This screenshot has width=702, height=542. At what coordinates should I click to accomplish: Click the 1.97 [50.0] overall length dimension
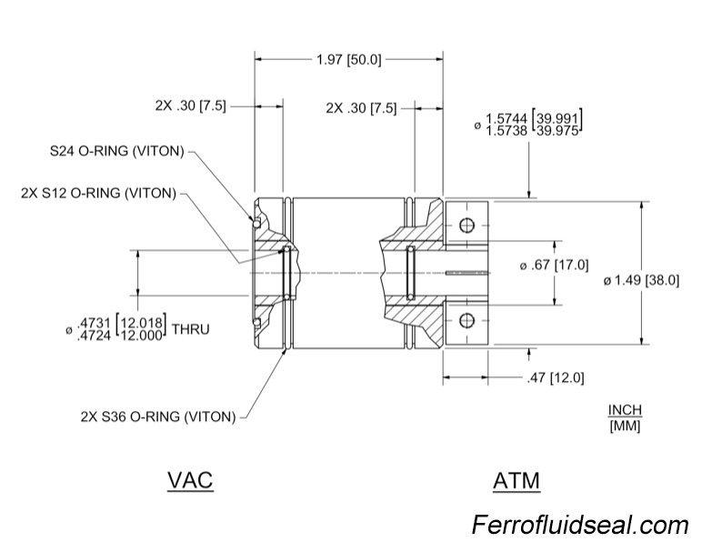(x=349, y=60)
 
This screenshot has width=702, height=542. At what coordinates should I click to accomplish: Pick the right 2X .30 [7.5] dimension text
(x=361, y=107)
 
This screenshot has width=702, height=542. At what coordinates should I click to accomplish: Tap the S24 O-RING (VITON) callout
(x=117, y=150)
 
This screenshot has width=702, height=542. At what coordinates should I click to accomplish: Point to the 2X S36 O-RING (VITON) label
(x=158, y=417)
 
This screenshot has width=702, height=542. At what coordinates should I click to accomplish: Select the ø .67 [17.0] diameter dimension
(x=554, y=266)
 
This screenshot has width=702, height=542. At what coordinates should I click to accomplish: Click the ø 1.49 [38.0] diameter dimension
(x=641, y=280)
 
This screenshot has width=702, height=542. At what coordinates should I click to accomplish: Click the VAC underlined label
(x=190, y=479)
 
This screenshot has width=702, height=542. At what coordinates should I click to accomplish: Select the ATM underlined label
(x=516, y=479)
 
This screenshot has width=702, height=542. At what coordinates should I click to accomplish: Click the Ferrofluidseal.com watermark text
(x=580, y=525)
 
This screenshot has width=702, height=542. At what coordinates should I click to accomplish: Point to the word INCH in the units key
(x=624, y=410)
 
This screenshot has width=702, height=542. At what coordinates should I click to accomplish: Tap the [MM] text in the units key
(x=624, y=426)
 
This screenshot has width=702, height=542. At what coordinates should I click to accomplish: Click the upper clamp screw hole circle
(x=467, y=226)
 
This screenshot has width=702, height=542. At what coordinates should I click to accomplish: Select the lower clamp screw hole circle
(x=467, y=319)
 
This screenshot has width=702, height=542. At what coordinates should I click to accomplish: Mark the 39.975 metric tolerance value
(x=559, y=131)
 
